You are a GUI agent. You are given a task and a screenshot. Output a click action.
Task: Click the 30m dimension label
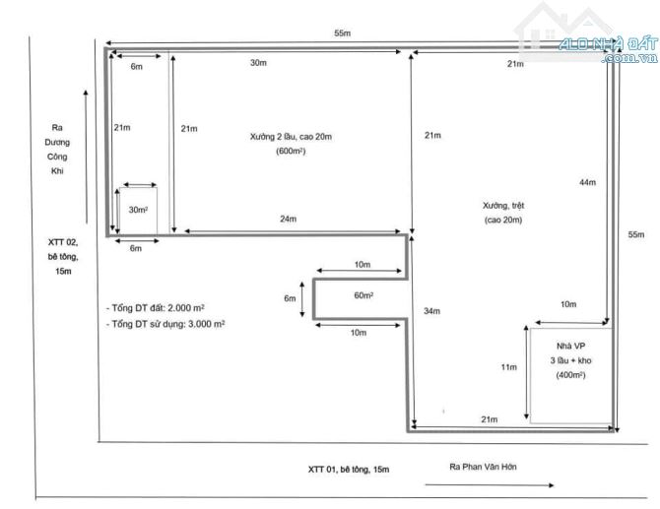(x=258, y=63)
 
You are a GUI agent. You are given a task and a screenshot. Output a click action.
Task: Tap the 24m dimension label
(x=289, y=219)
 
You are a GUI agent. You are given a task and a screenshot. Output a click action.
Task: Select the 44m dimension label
(x=588, y=182)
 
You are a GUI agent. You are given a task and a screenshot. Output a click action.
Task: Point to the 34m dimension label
(x=431, y=311)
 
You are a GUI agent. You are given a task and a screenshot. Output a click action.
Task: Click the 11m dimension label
(x=509, y=367)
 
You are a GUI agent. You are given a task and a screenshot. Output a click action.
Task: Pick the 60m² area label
(x=363, y=295)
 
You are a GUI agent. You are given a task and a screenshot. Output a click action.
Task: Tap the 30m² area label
(x=138, y=210)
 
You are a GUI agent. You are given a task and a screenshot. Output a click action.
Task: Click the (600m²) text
(x=291, y=151)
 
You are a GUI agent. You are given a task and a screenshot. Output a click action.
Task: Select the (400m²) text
(x=570, y=375)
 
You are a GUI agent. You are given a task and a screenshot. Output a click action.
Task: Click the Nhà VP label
(x=570, y=346)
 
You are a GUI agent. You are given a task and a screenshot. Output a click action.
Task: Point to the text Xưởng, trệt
(x=503, y=206)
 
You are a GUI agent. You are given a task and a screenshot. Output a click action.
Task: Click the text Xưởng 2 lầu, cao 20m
(x=291, y=137)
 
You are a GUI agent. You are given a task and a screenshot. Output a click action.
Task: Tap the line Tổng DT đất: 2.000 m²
(x=156, y=308)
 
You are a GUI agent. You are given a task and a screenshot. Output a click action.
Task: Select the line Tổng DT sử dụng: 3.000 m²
(x=165, y=324)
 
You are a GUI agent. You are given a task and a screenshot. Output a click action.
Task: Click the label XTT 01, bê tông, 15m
(x=349, y=470)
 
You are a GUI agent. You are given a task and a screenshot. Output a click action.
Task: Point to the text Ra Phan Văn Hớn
(x=483, y=467)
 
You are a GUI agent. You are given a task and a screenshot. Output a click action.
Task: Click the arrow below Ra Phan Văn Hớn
(x=490, y=485)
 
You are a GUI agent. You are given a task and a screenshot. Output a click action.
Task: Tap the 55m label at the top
(x=342, y=33)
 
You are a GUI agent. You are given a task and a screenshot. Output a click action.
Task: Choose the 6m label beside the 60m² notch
(x=290, y=298)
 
